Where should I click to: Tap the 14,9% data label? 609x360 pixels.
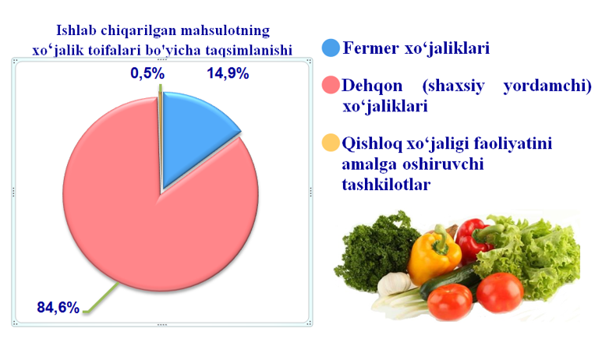pos(228,73)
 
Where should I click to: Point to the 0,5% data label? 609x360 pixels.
pos(147,73)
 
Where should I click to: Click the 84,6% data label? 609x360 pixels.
pos(58,308)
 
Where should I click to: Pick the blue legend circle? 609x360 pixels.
pos(331,48)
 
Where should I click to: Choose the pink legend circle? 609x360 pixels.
pos(331,86)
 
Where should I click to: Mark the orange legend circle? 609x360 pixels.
pos(331,143)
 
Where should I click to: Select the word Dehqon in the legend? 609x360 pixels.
pos(372,86)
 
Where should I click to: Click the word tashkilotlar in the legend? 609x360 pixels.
pos(386,184)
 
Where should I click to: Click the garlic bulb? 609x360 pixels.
pos(394,283)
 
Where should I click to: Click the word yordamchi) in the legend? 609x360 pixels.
pos(547,86)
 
